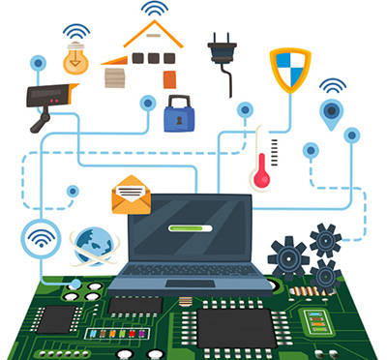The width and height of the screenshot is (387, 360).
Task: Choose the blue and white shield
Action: point(288,69)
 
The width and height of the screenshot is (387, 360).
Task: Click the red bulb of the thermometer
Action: point(260,179)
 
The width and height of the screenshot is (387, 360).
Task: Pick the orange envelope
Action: point(131,195)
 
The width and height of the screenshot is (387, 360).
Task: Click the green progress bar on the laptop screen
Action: point(190,229)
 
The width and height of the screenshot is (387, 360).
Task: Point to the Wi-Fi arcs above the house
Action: point(153,9)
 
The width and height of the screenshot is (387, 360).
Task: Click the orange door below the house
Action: point(170,78)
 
